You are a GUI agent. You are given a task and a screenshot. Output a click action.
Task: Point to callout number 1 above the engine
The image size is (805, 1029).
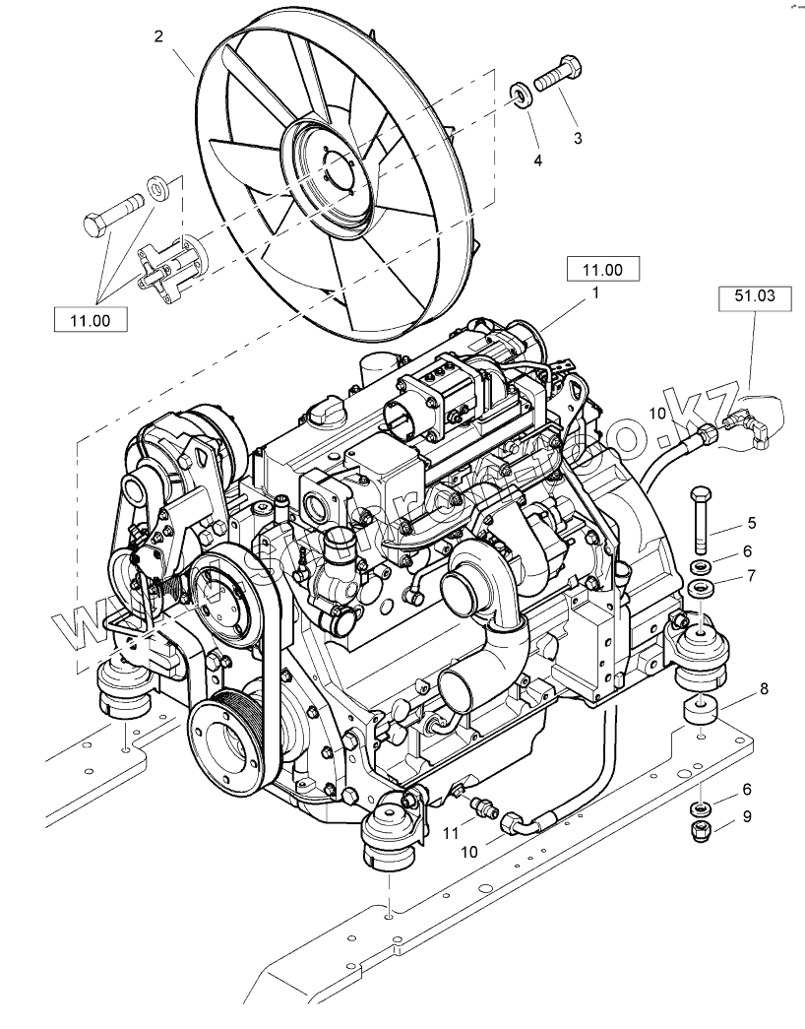(595, 292)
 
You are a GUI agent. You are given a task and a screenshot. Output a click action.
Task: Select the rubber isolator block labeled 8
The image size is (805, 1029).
(702, 710)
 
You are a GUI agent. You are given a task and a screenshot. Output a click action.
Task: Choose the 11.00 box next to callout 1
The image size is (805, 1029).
(603, 267)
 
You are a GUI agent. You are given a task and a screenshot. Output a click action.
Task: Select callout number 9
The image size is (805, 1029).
(748, 815)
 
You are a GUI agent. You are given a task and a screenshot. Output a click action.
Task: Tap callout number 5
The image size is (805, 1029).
(750, 523)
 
